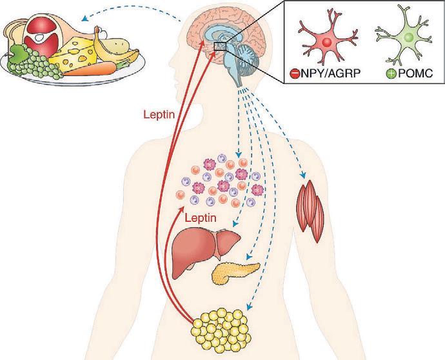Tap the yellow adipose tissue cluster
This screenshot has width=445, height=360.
pos(221,326)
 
